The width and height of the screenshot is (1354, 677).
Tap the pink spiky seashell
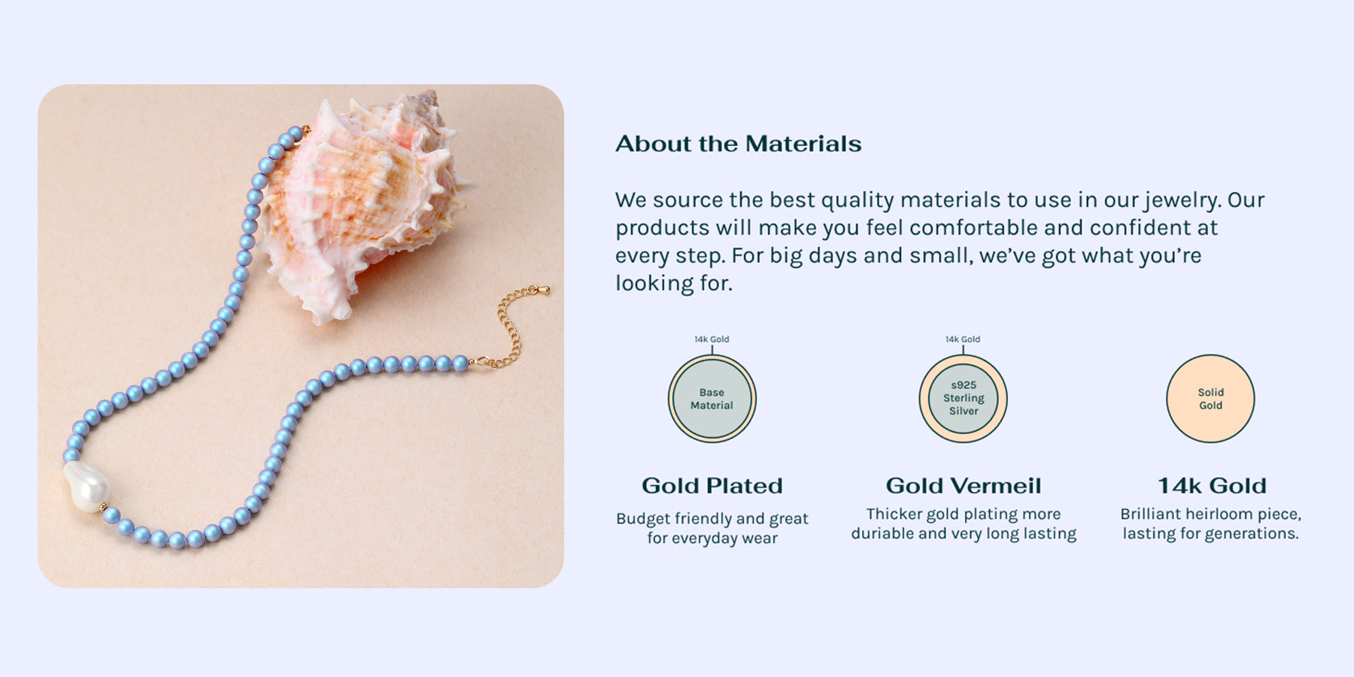[361, 203]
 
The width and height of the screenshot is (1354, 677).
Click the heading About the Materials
[738, 144]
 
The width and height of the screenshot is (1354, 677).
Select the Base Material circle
[712, 399]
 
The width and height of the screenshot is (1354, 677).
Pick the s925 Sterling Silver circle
[963, 399]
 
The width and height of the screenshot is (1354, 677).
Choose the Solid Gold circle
[1210, 399]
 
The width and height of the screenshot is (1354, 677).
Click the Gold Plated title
[712, 486]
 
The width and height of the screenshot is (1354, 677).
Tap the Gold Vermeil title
[964, 486]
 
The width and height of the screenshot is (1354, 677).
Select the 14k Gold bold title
[1212, 486]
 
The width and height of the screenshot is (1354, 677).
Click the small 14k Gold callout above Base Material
[712, 339]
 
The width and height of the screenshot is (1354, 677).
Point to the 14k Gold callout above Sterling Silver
[963, 339]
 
